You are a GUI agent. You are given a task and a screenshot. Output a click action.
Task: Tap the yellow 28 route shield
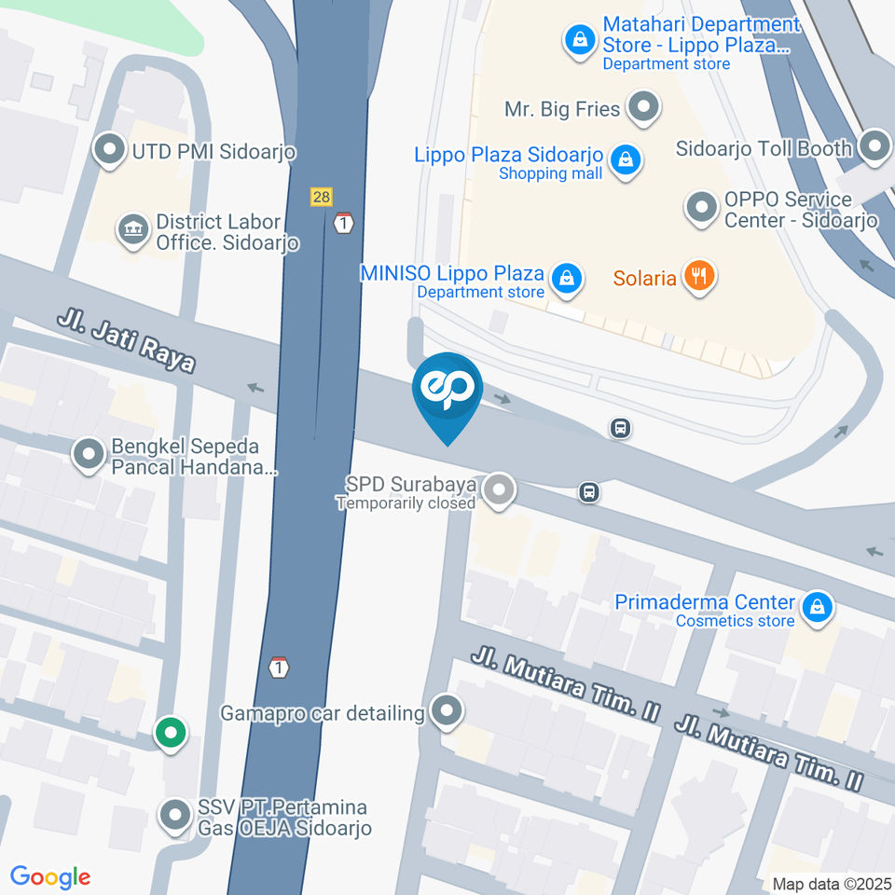[x=321, y=197]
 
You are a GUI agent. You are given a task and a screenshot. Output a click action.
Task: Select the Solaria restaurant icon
[x=699, y=277]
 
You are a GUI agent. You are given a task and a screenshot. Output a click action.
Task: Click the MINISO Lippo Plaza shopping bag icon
[x=565, y=277]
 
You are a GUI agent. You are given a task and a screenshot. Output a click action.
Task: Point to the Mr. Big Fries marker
[x=642, y=109]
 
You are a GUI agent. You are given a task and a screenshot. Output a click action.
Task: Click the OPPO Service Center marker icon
[x=700, y=210]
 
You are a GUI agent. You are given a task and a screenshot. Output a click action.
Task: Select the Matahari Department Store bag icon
[x=580, y=39]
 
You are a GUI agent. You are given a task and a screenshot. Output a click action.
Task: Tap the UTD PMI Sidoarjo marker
[x=111, y=149]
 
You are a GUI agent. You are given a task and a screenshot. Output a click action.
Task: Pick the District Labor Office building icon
[x=132, y=229]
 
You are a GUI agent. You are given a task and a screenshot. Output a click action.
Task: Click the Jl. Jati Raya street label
[x=126, y=341]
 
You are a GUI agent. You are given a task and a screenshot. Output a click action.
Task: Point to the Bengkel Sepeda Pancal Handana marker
[x=89, y=455]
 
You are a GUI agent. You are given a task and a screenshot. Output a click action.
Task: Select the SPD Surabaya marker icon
[x=501, y=489]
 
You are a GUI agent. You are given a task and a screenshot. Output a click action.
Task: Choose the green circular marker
[x=171, y=733]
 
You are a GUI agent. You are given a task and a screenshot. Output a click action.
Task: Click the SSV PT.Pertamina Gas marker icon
[x=173, y=817]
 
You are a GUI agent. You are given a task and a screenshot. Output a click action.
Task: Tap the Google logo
[x=50, y=876]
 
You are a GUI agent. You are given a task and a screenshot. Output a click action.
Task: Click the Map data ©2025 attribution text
[x=832, y=884]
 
